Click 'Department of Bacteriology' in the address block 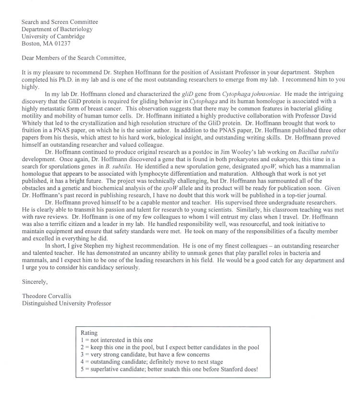(x=57, y=29)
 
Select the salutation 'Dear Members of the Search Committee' (x=73, y=58)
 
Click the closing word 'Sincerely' (x=35, y=282)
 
